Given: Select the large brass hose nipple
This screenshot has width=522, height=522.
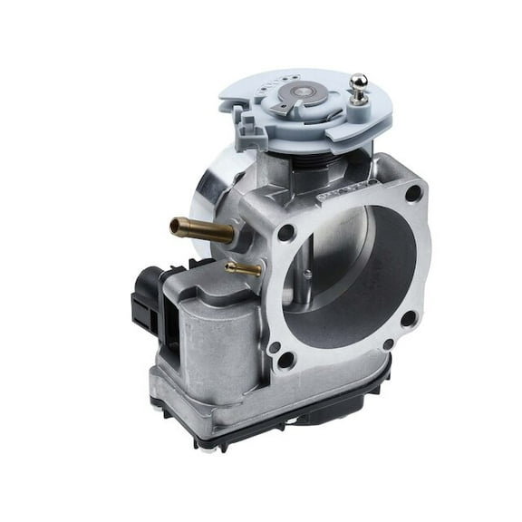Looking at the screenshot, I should coord(196,227).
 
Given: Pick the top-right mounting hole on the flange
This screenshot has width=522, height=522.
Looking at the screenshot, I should coord(412,193).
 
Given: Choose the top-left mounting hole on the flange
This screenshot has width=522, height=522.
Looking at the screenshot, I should coord(286,233).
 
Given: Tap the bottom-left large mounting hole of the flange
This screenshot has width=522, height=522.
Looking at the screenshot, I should coord(285,359).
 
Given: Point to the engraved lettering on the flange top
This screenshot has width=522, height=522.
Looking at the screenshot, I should coord(340,193).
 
